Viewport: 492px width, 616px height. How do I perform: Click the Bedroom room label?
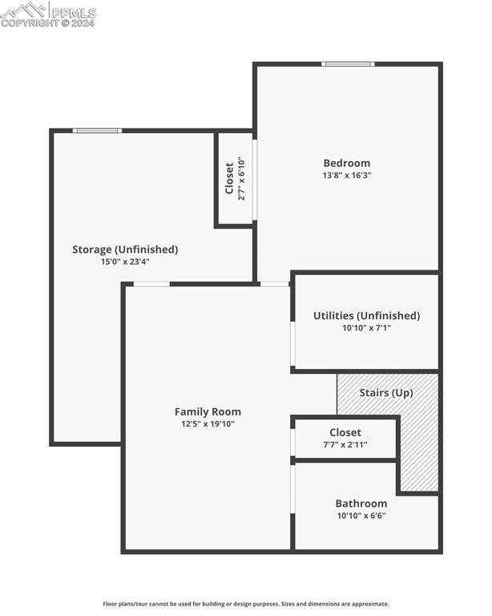click(346, 163)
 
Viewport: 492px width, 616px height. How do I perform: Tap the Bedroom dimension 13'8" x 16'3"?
click(346, 175)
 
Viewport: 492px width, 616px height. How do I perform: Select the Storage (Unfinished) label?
click(125, 249)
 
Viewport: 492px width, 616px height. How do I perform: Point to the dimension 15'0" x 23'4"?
click(125, 261)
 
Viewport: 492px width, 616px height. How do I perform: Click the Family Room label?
click(208, 411)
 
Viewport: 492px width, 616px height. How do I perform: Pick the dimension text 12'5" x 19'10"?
click(208, 423)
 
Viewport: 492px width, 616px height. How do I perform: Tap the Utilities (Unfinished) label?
click(366, 315)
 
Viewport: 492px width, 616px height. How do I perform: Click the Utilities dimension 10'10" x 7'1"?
click(366, 327)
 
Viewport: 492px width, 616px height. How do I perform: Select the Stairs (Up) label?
click(385, 393)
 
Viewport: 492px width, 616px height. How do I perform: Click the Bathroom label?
click(361, 504)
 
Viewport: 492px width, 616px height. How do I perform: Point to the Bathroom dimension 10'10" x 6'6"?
click(361, 516)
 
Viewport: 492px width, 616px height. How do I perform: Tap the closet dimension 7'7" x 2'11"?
click(345, 444)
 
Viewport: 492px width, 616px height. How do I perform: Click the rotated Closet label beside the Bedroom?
click(229, 178)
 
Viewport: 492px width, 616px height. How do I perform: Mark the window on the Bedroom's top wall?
click(348, 64)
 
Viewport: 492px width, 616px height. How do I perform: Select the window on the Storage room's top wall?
click(97, 131)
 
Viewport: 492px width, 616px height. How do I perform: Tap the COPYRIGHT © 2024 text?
click(48, 23)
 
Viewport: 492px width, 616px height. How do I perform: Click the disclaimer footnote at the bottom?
click(246, 604)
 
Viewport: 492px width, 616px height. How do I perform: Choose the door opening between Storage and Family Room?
click(151, 284)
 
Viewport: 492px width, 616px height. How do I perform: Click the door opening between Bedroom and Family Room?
click(274, 284)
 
